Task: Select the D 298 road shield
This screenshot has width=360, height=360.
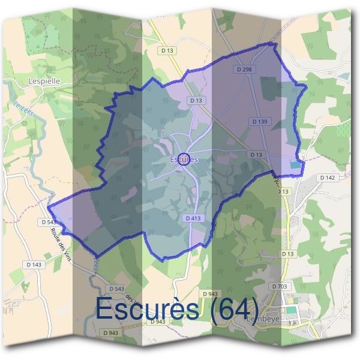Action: (244, 70)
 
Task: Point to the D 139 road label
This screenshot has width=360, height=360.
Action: (259, 121)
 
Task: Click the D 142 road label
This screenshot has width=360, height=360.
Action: (327, 178)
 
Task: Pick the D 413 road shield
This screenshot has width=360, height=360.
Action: (193, 218)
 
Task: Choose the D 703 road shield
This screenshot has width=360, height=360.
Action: (280, 286)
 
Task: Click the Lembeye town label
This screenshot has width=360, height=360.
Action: (264, 320)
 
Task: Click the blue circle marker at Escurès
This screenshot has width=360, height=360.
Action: (185, 159)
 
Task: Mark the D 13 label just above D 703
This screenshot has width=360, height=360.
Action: (289, 254)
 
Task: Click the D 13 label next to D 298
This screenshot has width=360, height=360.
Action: (196, 101)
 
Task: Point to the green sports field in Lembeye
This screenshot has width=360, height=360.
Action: (290, 310)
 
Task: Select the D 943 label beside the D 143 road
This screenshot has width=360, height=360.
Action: (110, 332)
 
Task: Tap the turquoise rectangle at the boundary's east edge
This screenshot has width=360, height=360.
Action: (295, 164)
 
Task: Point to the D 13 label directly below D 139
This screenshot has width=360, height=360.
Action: (256, 155)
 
